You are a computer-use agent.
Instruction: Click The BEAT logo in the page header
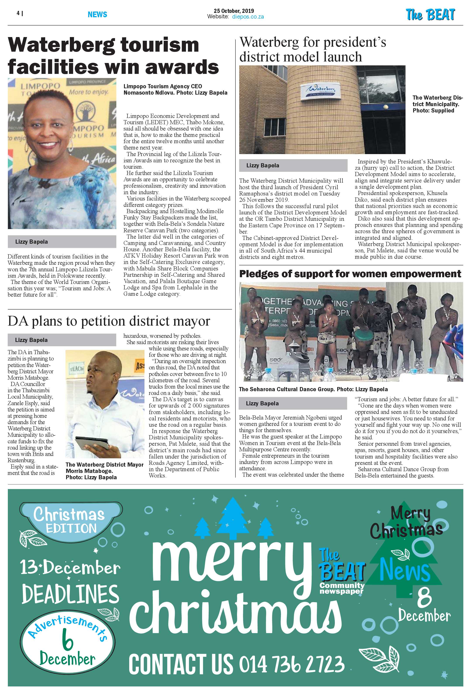(x=430, y=15)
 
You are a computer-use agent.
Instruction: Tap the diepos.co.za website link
(x=248, y=17)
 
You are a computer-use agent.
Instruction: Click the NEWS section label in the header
(x=97, y=14)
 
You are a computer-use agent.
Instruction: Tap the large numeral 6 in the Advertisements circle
(x=68, y=639)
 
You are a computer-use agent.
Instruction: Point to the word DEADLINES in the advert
(x=70, y=594)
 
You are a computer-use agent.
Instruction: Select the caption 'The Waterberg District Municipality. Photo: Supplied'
(x=437, y=104)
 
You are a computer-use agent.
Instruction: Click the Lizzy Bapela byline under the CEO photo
(x=32, y=242)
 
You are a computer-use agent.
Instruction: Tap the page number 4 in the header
(x=18, y=13)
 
